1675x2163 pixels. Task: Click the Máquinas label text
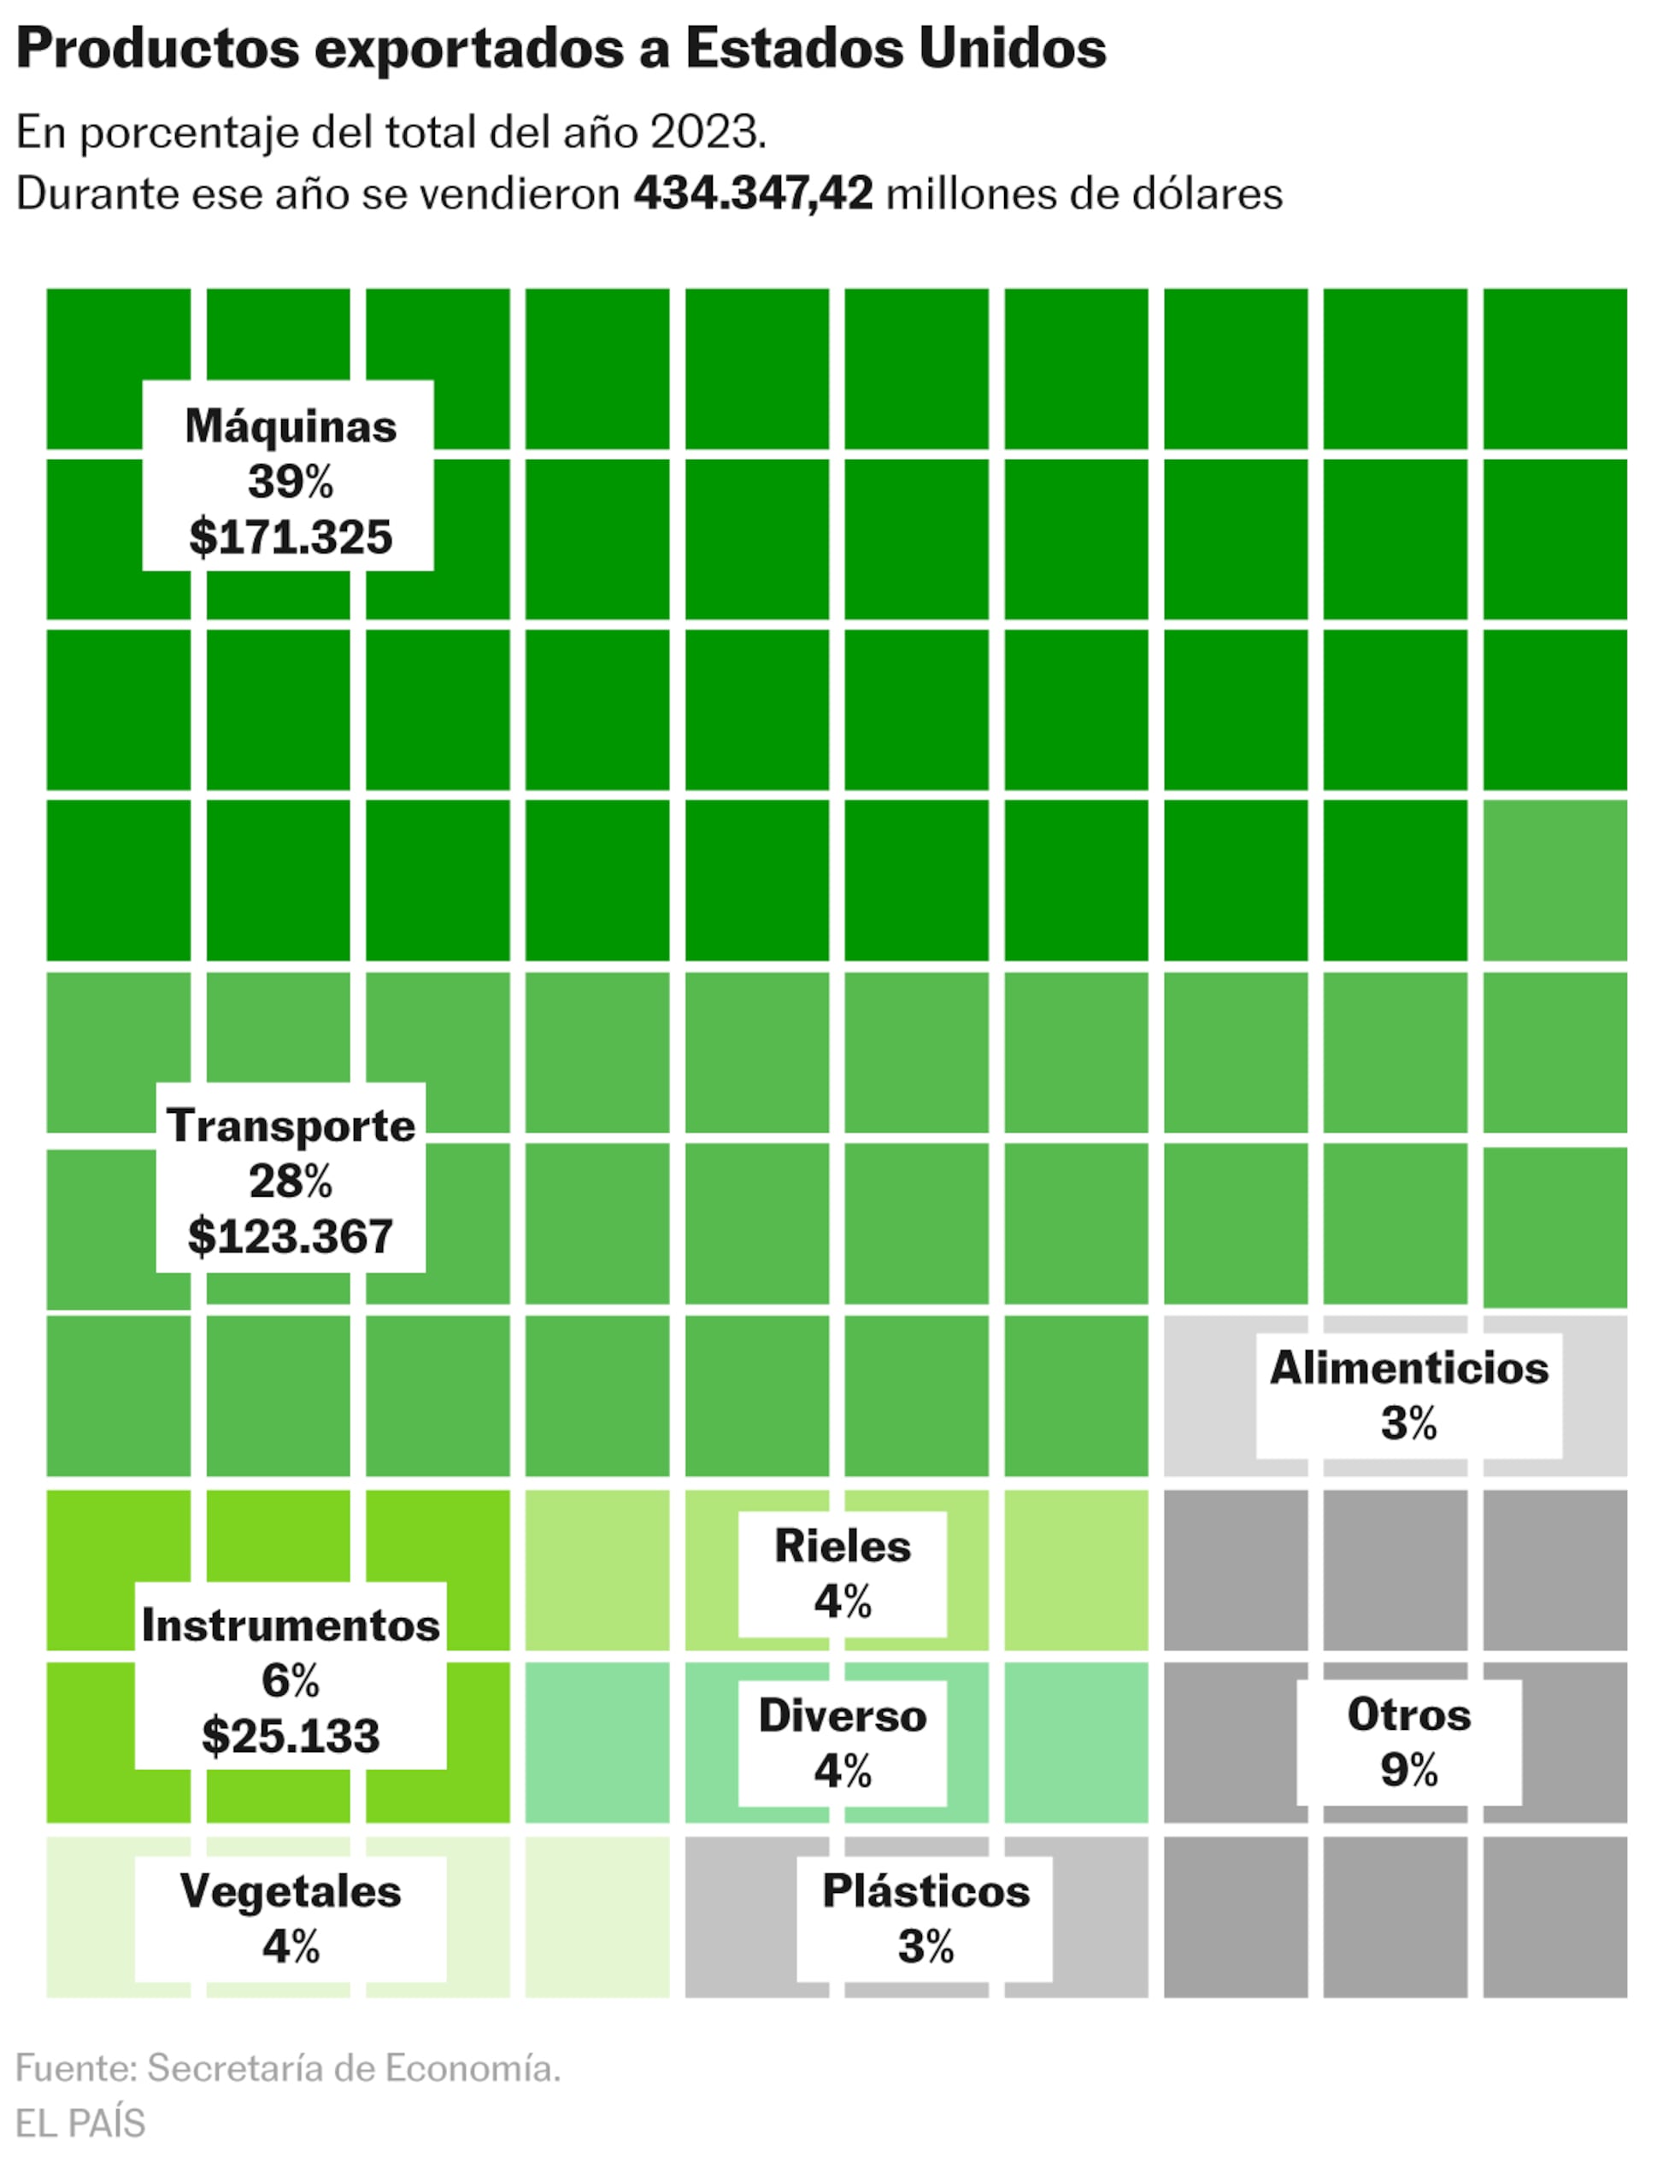(291, 426)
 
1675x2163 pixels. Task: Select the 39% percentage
(291, 483)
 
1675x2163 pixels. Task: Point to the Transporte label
(291, 1125)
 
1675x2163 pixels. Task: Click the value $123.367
(291, 1236)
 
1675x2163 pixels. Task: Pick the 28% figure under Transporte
(291, 1181)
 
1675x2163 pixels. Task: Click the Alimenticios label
(1408, 1368)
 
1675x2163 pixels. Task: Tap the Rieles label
(842, 1546)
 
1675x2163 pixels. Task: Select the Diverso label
(842, 1715)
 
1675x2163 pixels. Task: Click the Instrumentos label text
(291, 1625)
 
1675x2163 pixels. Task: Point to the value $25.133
(291, 1736)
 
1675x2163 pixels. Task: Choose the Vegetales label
(291, 1890)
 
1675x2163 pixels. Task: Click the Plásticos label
(926, 1890)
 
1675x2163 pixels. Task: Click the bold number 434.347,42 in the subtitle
(753, 193)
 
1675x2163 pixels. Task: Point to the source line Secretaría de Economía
(354, 2068)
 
